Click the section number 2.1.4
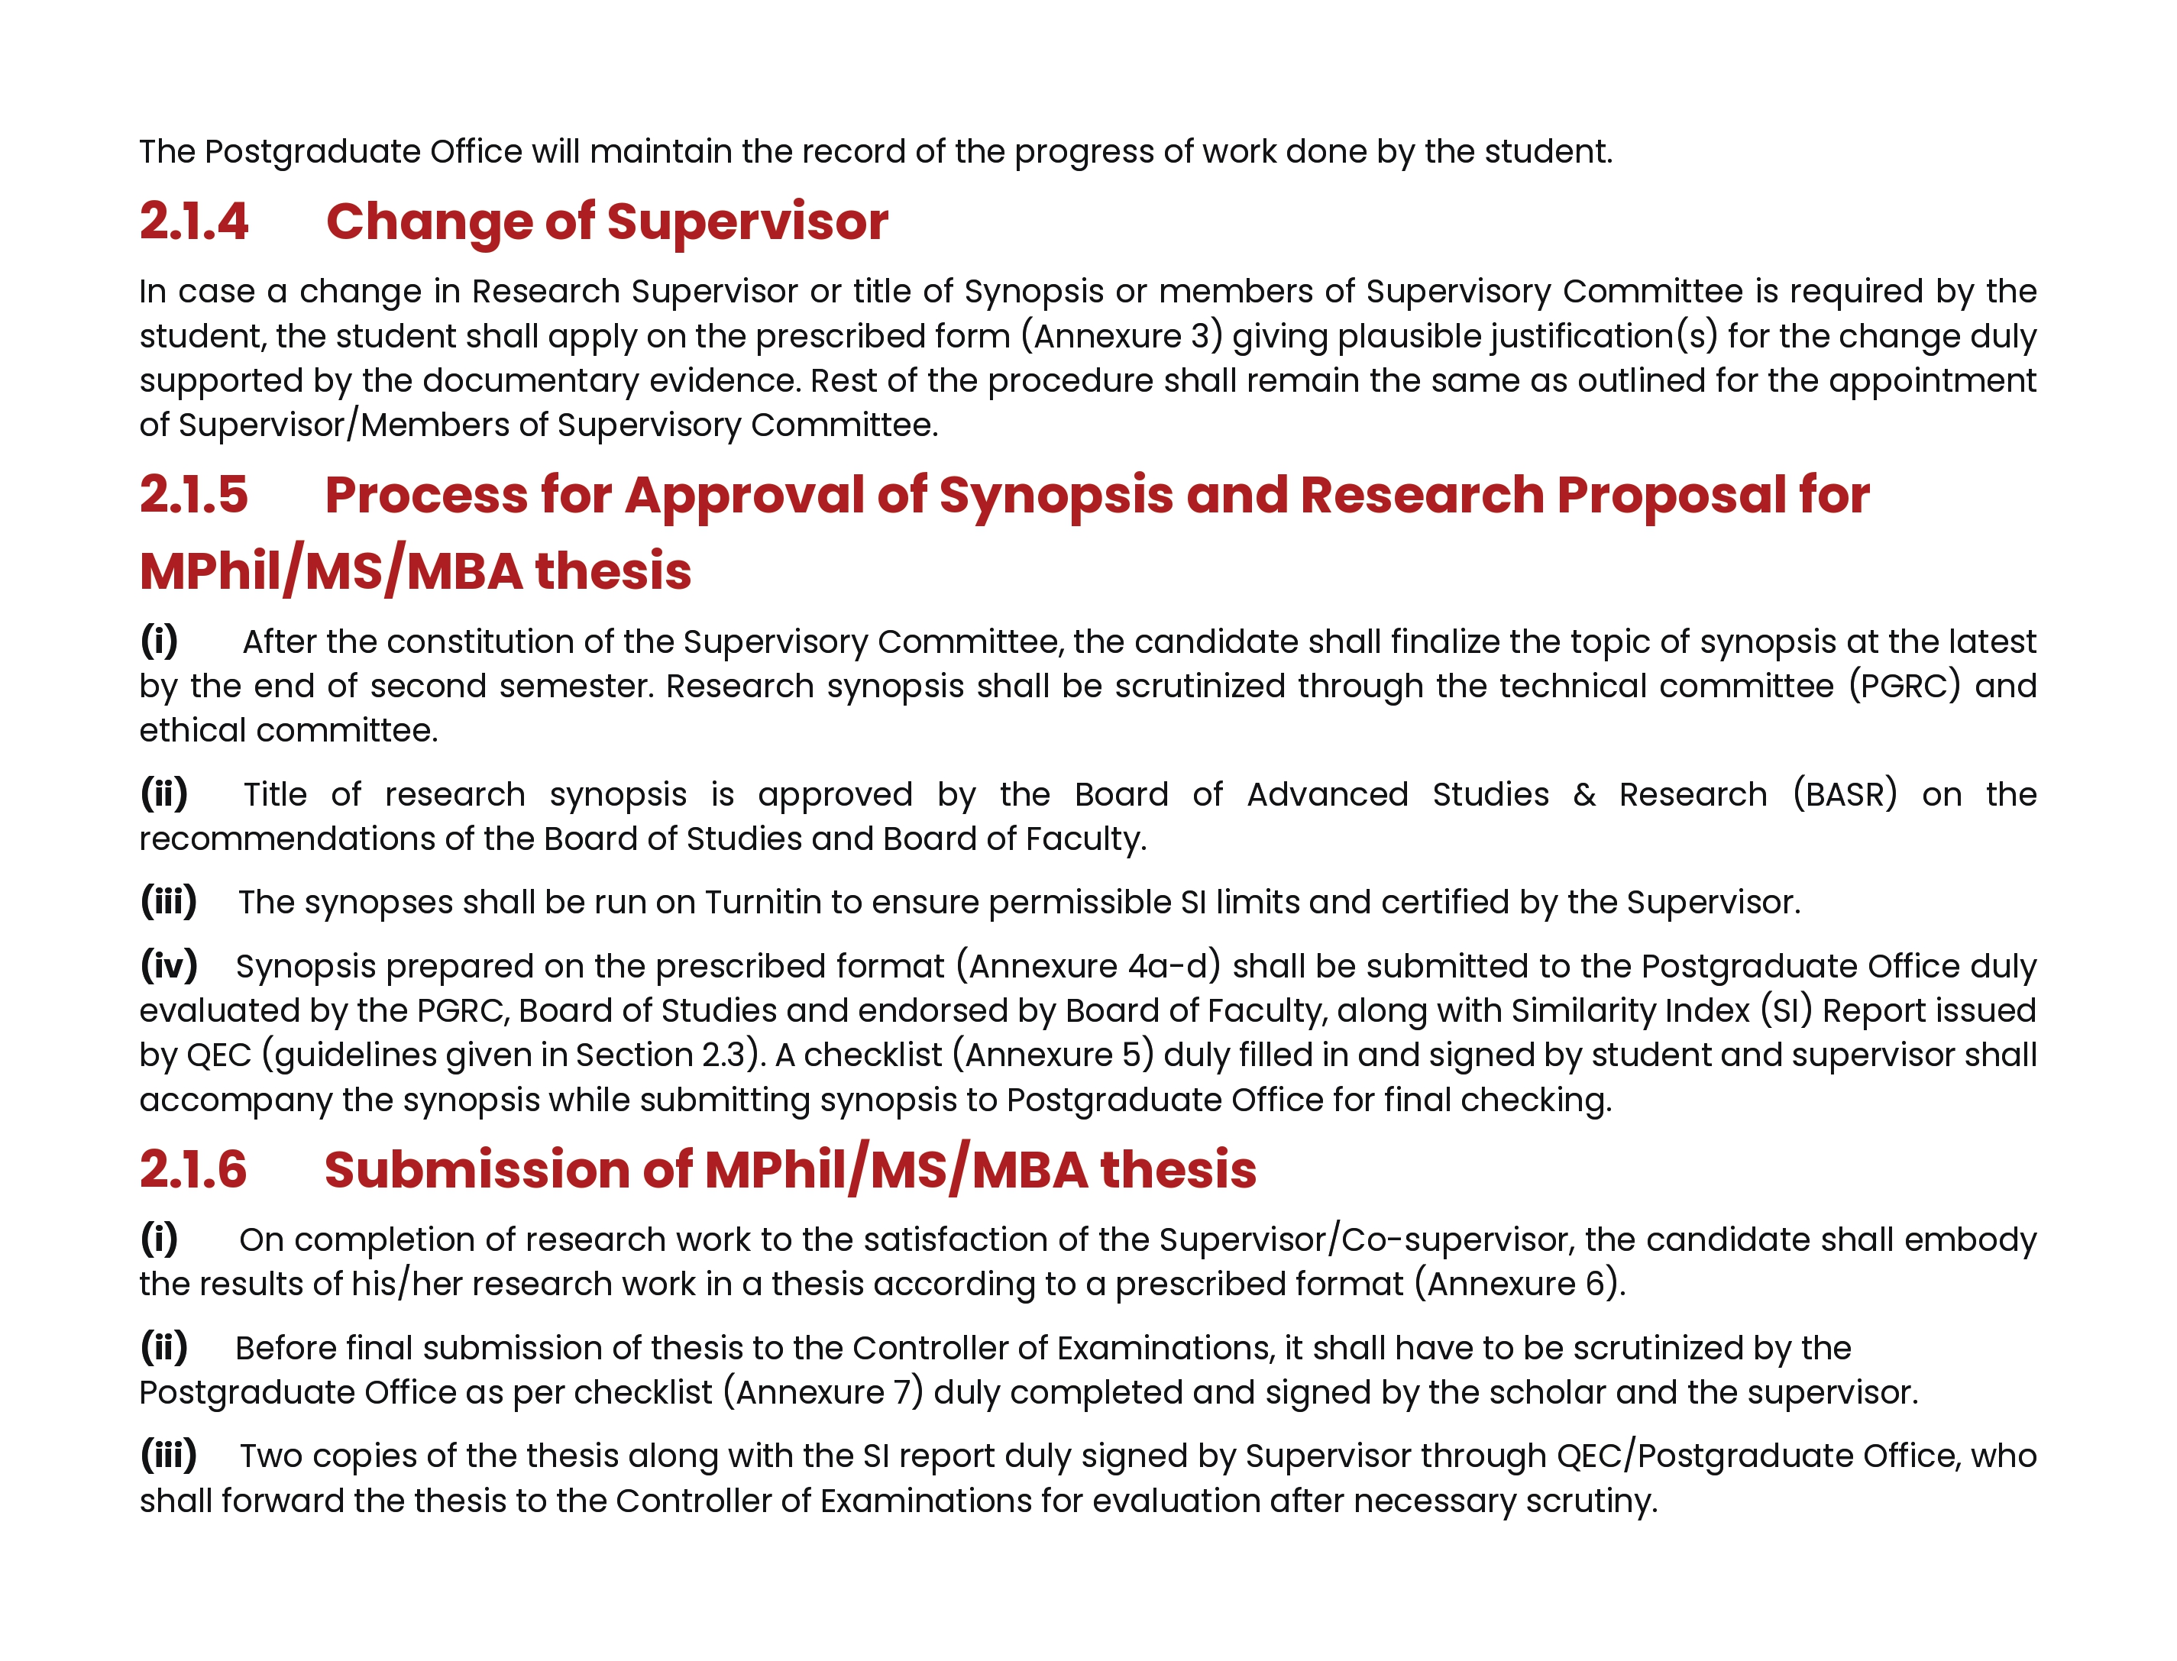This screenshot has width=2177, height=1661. [x=194, y=221]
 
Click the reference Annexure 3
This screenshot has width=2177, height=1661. [x=1121, y=336]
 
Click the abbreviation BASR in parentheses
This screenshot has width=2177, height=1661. [x=1845, y=794]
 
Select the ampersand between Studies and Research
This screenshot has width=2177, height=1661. [x=1583, y=794]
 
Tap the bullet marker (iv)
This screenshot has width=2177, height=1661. [x=168, y=966]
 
